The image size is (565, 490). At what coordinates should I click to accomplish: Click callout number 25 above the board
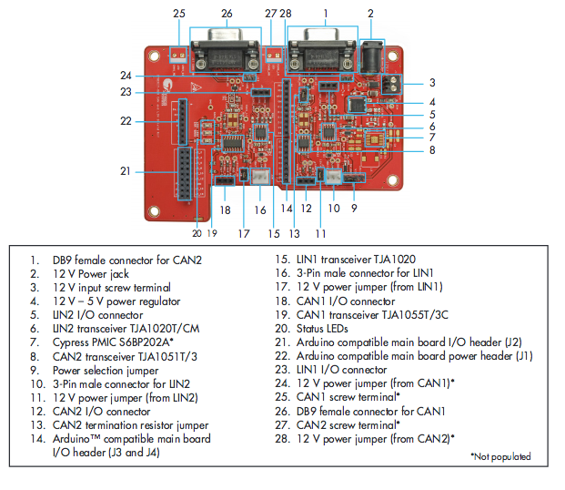(179, 14)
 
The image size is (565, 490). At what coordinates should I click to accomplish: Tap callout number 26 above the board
(227, 14)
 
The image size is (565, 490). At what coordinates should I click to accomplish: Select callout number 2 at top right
(370, 14)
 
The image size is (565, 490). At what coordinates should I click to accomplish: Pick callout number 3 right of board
(433, 82)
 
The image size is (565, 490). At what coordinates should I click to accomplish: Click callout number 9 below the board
(353, 208)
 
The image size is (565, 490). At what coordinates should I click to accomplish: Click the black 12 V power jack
(371, 59)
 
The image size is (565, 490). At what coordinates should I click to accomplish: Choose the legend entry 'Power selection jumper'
(106, 370)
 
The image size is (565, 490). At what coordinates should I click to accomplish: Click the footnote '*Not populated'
(500, 456)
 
